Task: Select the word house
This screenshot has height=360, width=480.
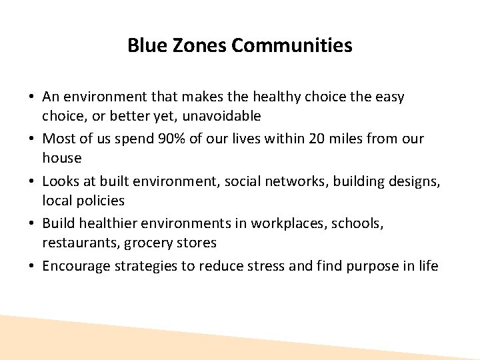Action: pos(62,159)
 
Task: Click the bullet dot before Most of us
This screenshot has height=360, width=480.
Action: pos(32,139)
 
